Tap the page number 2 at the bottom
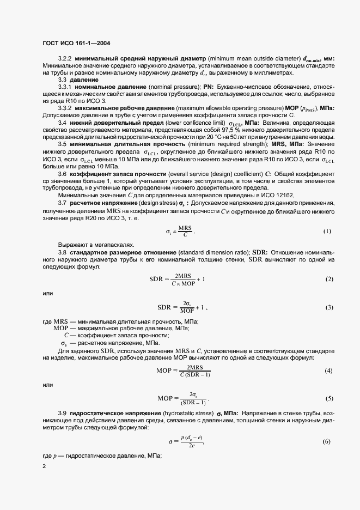coord(44,466)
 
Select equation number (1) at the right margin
coord(327,231)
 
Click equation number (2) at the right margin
coord(328,279)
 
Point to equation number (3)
coord(328,307)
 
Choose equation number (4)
coord(328,371)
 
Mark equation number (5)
coord(328,398)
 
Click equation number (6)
coord(327,441)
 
